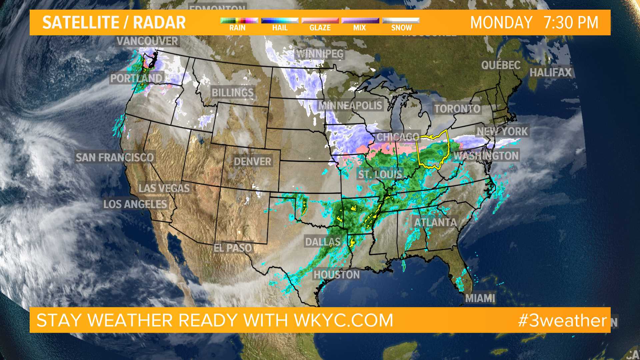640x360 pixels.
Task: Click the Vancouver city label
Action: pos(147,41)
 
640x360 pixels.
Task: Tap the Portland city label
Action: pos(136,78)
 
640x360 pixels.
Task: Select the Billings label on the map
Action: pos(233,92)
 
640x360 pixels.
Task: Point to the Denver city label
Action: pos(252,162)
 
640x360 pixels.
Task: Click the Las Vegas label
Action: pos(164,188)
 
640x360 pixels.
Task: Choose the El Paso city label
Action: pos(233,248)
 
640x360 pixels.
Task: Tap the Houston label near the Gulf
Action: pos(337,275)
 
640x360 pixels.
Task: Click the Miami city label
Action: pos(480,298)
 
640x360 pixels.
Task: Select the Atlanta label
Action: pos(435,222)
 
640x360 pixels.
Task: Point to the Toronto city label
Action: pos(457,109)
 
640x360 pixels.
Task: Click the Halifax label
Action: pos(550,72)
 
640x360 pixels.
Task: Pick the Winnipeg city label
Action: pos(320,54)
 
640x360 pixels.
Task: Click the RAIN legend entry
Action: pos(237,28)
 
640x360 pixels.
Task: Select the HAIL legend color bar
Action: pos(280,21)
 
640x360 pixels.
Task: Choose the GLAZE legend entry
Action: pos(320,28)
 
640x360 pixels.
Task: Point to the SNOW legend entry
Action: pos(401,28)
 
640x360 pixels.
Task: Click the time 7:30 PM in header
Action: pos(571,23)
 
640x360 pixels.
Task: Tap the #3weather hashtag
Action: pos(562,320)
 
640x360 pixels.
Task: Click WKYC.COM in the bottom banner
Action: pos(343,320)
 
